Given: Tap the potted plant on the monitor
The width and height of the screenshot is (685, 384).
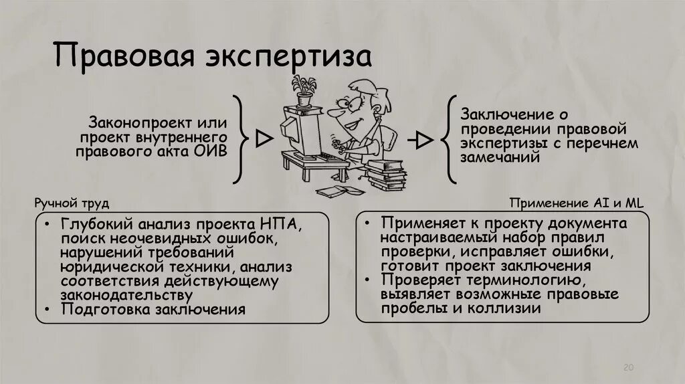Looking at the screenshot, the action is point(304,91).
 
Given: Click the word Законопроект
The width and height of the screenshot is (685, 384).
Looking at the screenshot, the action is point(136,124).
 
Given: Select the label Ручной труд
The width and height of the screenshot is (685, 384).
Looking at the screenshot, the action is point(70,202).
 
